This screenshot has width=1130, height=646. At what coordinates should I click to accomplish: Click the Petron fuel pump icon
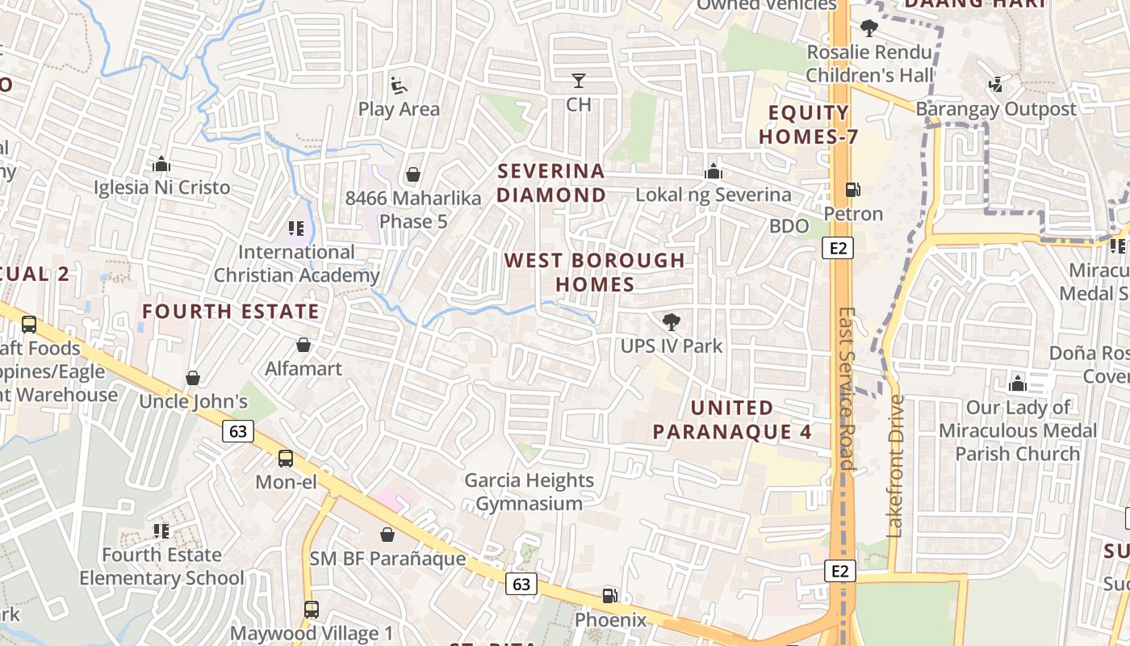pos(852,190)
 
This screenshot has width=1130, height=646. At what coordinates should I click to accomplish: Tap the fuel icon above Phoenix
pos(610,596)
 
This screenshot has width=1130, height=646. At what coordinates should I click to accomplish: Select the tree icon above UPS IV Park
pos(671,322)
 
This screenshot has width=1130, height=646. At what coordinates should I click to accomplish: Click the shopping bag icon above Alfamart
pos(303,345)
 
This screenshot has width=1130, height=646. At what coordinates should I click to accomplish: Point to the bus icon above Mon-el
pos(286,459)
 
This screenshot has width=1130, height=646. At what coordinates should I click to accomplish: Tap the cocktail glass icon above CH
pos(579,81)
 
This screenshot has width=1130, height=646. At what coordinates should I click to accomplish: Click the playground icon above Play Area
pos(399,85)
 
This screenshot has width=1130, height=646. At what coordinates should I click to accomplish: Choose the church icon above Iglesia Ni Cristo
pos(161,165)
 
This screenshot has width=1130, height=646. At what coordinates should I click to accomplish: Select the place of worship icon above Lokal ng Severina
pos(714,171)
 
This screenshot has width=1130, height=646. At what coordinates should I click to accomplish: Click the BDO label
pos(789,226)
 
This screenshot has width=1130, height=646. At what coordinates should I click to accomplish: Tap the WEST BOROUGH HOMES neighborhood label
pos(595,272)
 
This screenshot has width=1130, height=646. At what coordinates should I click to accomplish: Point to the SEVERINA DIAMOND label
pos(551,182)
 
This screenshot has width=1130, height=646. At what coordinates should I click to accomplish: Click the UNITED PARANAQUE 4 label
pos(732,419)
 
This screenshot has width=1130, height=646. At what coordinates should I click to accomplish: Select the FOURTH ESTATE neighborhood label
pos(231,311)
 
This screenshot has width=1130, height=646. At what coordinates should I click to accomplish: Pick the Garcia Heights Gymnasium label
pos(529,492)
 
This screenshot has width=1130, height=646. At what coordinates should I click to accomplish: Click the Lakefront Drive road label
pos(895,466)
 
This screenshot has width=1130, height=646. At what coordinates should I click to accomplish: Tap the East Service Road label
pos(846,388)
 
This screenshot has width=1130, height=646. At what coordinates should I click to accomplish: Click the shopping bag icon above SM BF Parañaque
pos(387,535)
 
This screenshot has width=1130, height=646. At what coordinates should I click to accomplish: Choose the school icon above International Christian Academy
pos(296,229)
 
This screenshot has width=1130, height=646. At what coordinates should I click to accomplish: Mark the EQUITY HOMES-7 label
pos(809,124)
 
